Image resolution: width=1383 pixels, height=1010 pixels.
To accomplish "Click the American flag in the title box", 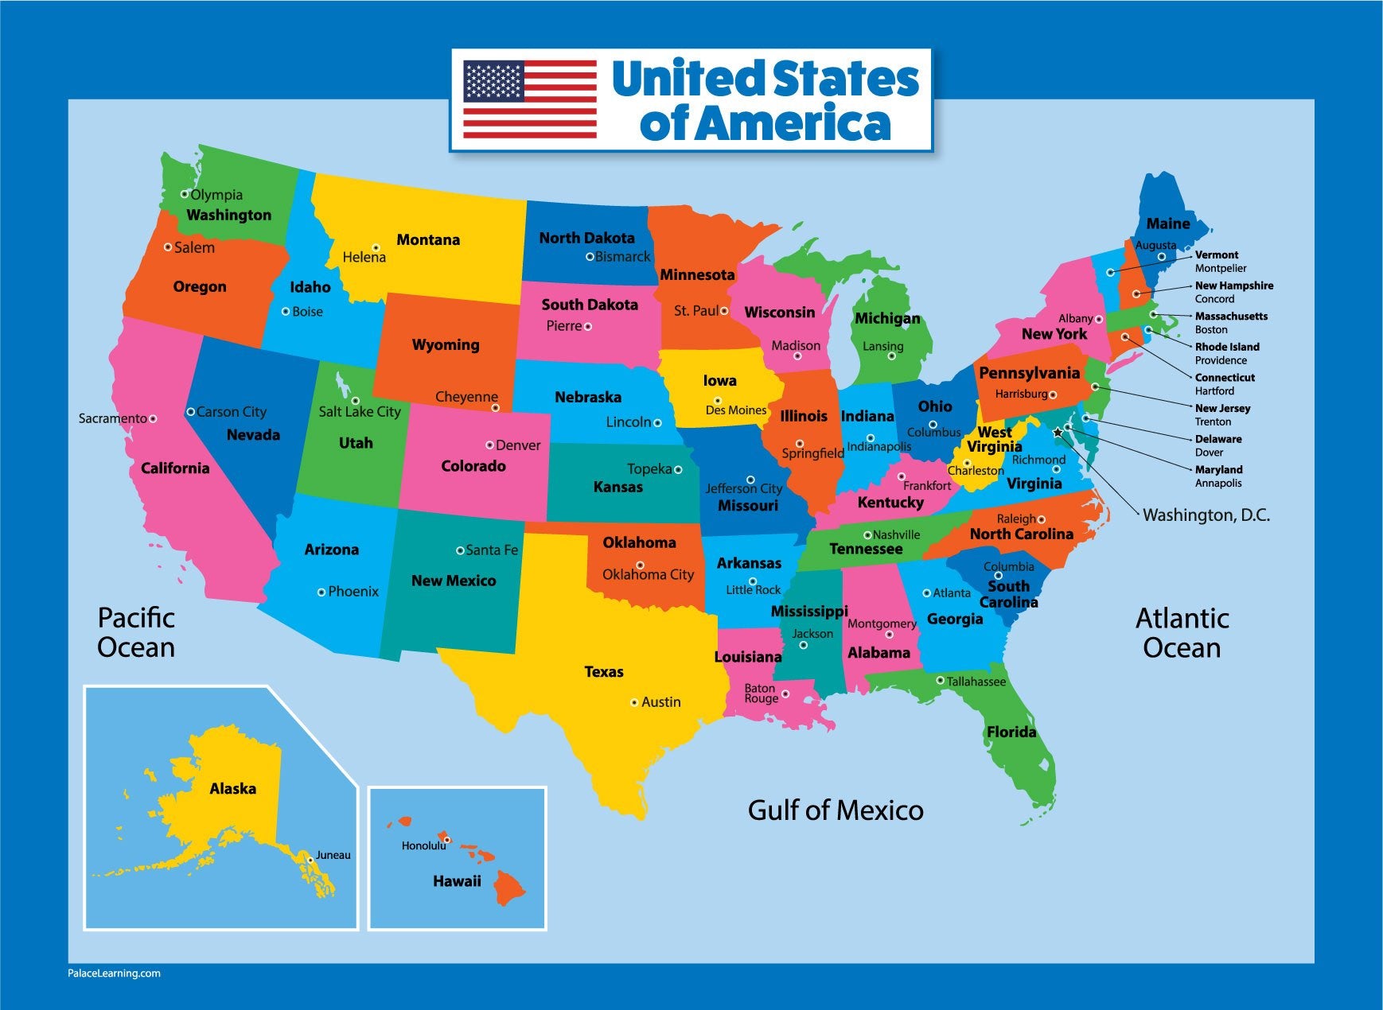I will click(x=530, y=99).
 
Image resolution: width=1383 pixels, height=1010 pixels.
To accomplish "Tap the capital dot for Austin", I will click(x=634, y=702).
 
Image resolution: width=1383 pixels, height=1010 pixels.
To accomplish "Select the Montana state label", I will click(x=428, y=239).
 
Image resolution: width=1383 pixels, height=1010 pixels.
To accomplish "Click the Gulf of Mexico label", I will click(x=836, y=810).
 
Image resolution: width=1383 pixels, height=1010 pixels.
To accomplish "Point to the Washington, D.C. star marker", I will click(x=1058, y=433).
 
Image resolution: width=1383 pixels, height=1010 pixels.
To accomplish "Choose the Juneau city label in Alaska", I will click(x=333, y=855).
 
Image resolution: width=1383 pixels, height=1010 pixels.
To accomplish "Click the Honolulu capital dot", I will click(x=447, y=840).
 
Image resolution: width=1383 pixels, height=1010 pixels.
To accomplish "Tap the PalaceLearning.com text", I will click(x=114, y=973).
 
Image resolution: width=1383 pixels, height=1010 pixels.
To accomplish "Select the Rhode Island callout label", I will click(x=1227, y=347).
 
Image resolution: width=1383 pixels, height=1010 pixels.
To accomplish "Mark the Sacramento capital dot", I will click(x=153, y=418).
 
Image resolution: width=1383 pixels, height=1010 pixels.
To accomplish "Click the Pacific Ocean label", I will click(x=136, y=632).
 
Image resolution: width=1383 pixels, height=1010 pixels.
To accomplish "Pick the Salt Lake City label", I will click(x=360, y=411).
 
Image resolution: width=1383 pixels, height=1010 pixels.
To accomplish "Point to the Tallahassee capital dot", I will click(x=940, y=680).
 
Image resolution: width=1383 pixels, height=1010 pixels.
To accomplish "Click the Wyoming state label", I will click(x=446, y=344).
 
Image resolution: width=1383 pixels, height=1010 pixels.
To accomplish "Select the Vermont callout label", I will click(x=1217, y=254).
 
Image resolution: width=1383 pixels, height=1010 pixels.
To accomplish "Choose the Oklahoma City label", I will click(x=648, y=574).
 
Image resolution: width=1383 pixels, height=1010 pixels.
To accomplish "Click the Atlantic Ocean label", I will click(x=1182, y=633).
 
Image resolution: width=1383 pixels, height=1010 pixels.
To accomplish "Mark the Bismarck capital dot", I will click(x=590, y=257).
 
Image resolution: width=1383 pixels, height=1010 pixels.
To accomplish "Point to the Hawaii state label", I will click(x=457, y=880).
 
